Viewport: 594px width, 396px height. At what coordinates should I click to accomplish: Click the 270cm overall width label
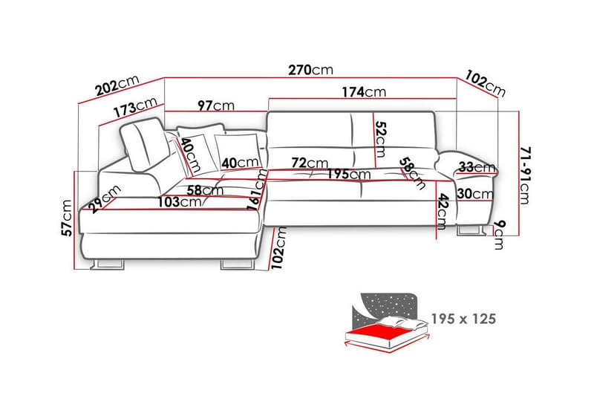pyautogui.click(x=310, y=70)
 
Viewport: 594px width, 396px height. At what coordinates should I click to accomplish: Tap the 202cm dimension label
pyautogui.click(x=117, y=85)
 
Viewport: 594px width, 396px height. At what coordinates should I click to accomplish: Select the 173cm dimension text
pyautogui.click(x=135, y=107)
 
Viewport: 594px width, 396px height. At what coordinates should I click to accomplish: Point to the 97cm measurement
pyautogui.click(x=216, y=106)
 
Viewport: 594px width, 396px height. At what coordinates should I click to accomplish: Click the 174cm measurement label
pyautogui.click(x=364, y=92)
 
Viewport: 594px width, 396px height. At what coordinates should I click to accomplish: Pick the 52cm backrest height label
pyautogui.click(x=380, y=139)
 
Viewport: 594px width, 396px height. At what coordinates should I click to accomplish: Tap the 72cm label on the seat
pyautogui.click(x=310, y=163)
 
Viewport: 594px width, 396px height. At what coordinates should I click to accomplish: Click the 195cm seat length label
pyautogui.click(x=349, y=174)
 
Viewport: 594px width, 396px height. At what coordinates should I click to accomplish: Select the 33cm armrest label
pyautogui.click(x=477, y=166)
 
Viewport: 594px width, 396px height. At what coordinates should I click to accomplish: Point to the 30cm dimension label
pyautogui.click(x=475, y=194)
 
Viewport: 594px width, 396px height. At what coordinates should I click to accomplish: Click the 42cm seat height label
pyautogui.click(x=443, y=212)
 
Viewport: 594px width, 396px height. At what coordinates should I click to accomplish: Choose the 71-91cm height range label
pyautogui.click(x=525, y=175)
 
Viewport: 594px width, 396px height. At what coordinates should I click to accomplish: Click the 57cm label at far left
pyautogui.click(x=67, y=218)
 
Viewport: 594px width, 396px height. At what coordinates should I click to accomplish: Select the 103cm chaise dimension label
pyautogui.click(x=180, y=202)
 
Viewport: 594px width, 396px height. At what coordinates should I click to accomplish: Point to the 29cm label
pyautogui.click(x=105, y=198)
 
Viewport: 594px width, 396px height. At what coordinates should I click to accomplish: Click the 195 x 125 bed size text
pyautogui.click(x=463, y=319)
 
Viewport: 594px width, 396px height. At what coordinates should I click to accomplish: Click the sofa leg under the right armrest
pyautogui.click(x=471, y=230)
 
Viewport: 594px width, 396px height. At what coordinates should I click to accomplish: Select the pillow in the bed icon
pyautogui.click(x=402, y=323)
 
